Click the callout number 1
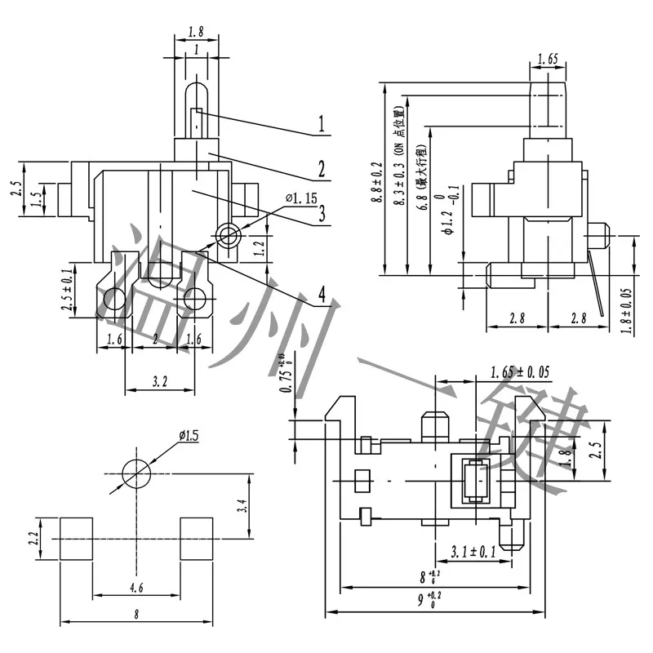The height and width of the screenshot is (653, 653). click(x=322, y=125)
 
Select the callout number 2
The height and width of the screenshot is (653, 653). click(x=322, y=169)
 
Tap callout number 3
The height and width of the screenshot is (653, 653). click(x=322, y=214)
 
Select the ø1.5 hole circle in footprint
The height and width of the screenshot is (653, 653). click(x=136, y=473)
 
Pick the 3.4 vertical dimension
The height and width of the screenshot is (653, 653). click(x=242, y=507)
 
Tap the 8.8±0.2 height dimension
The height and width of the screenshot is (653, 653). click(x=376, y=179)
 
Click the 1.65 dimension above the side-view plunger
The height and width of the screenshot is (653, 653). click(x=548, y=60)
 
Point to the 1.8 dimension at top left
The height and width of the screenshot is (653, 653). click(x=196, y=33)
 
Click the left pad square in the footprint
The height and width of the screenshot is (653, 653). click(x=78, y=539)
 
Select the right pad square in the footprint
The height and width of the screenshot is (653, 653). click(x=196, y=539)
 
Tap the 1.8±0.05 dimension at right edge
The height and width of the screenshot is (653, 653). click(x=628, y=306)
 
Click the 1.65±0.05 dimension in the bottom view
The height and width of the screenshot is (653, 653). click(x=520, y=372)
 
